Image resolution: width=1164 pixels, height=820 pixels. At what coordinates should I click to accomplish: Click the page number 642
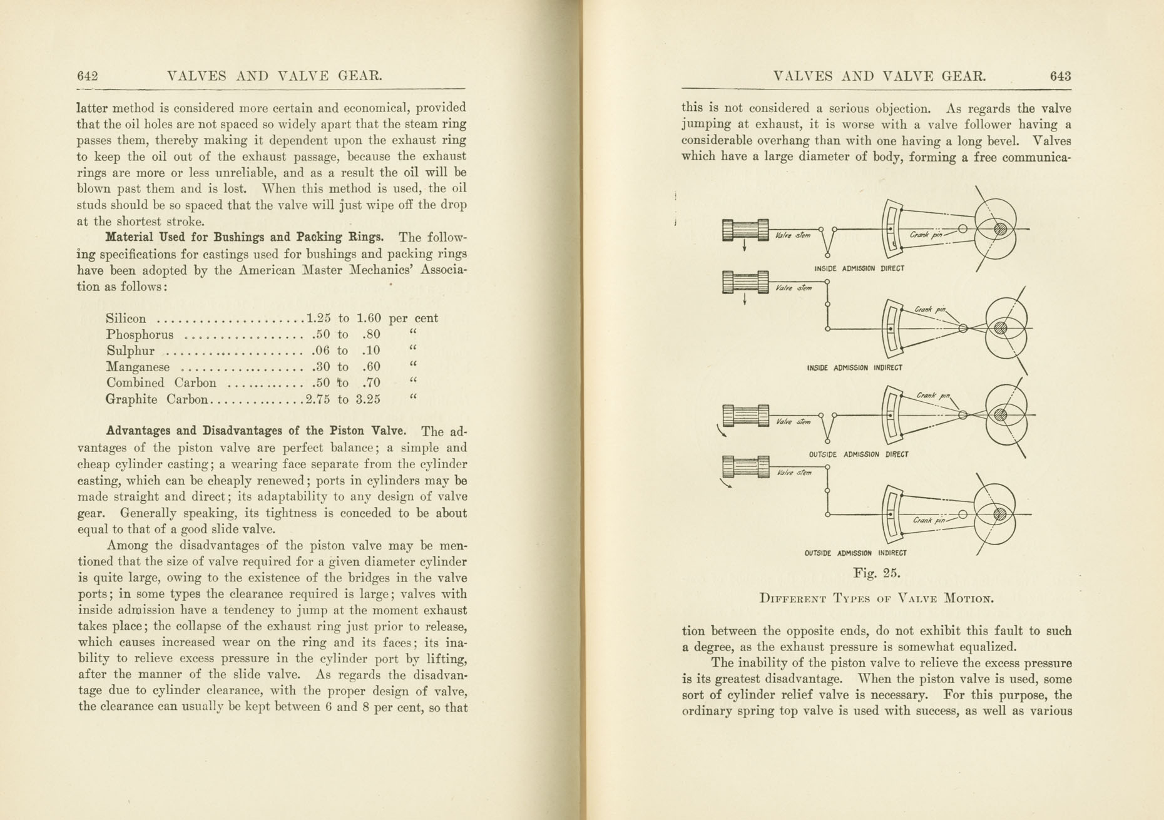point(88,76)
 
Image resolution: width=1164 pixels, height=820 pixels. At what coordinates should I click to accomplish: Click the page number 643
point(1060,76)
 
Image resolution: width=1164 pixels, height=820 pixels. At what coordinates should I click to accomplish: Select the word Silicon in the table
point(126,319)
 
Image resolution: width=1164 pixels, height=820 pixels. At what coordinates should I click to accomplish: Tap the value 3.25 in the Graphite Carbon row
point(368,399)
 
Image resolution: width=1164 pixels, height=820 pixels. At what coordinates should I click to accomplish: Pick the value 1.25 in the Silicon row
point(318,318)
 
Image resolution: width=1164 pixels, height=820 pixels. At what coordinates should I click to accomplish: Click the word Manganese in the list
point(138,367)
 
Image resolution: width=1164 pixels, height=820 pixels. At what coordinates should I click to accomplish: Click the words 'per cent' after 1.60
point(413,318)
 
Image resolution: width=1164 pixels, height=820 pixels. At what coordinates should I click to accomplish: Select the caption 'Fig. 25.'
point(876,573)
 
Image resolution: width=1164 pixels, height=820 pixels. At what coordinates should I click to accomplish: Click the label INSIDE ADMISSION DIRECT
point(859,269)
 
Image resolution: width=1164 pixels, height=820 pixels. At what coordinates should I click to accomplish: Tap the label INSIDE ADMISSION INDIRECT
point(854,368)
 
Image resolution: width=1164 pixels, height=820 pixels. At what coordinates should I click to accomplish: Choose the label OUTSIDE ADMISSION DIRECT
point(858,454)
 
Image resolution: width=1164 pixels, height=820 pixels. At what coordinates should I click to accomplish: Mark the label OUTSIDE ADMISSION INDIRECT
point(855,553)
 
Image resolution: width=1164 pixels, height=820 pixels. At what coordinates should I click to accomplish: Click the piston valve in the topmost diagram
point(745,230)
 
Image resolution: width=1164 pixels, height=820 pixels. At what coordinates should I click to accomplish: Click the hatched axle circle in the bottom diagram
point(1000,515)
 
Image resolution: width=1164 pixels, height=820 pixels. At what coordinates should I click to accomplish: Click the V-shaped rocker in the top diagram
point(827,241)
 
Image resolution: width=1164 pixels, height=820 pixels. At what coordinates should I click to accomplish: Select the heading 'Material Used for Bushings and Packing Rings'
point(244,238)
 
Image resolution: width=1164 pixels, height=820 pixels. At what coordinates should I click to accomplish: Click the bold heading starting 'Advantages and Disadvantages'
point(255,431)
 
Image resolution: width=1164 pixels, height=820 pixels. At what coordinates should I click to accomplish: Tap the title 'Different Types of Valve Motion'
point(876,598)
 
